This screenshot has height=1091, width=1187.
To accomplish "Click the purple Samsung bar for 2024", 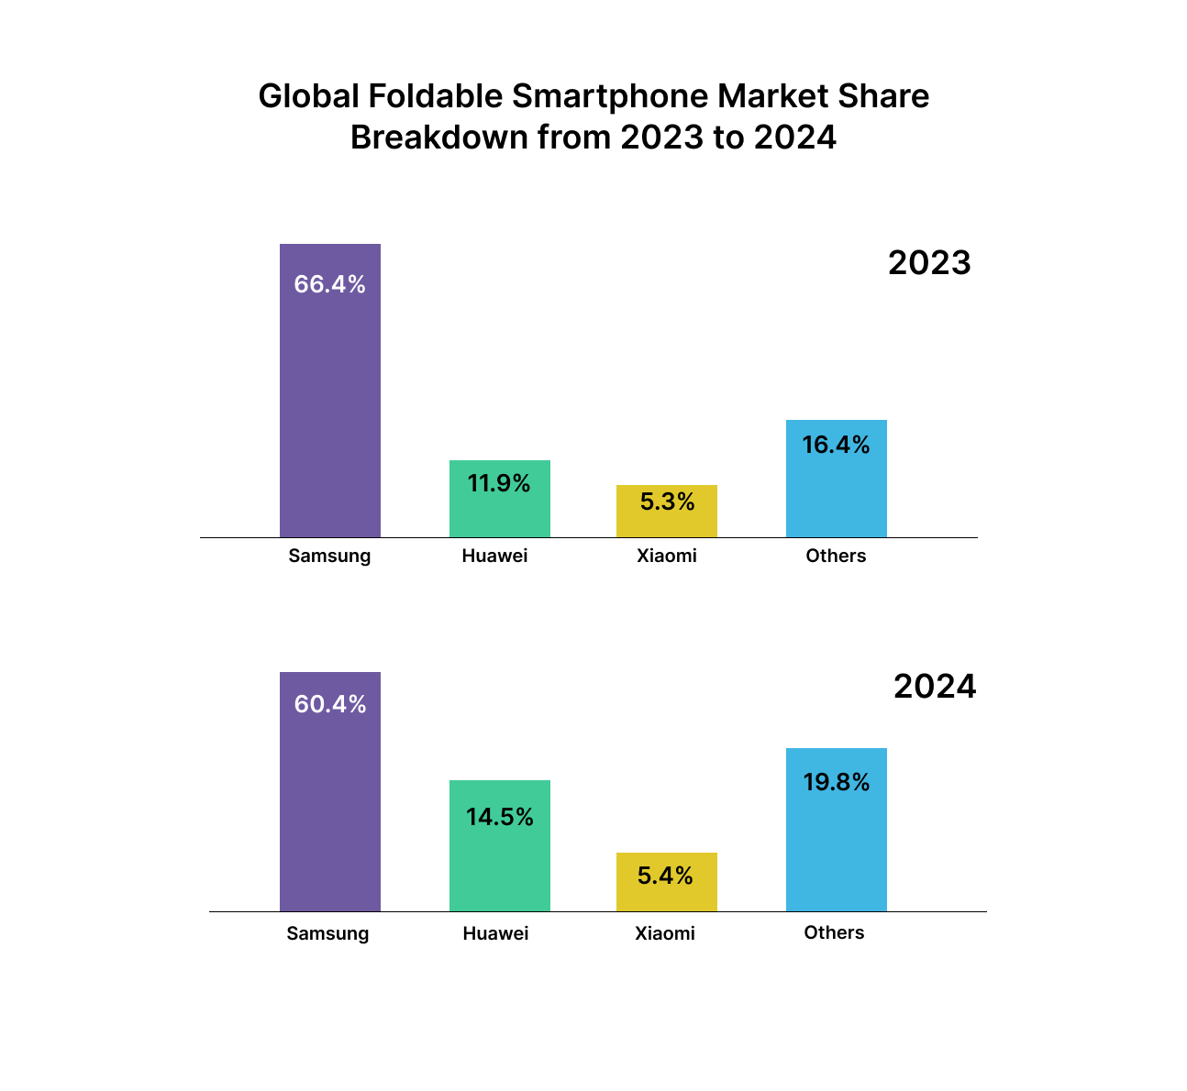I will [x=329, y=807].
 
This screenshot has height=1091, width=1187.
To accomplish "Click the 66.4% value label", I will [x=329, y=284].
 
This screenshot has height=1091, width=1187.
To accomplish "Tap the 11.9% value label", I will [x=499, y=483].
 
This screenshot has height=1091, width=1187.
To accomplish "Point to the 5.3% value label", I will [x=667, y=501].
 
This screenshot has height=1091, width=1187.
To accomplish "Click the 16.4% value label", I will [x=836, y=445].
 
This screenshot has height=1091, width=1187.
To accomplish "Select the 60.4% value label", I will [x=330, y=704].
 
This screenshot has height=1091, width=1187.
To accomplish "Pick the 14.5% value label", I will [x=499, y=817].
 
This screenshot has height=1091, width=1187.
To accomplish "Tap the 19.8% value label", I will [x=836, y=782].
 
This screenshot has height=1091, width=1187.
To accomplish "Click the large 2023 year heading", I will [x=929, y=263].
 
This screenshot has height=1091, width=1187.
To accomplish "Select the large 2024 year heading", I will [x=935, y=687].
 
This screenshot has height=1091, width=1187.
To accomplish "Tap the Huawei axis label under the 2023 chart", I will [x=494, y=556].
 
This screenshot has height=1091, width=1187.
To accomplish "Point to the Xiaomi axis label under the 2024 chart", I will [x=664, y=933].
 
